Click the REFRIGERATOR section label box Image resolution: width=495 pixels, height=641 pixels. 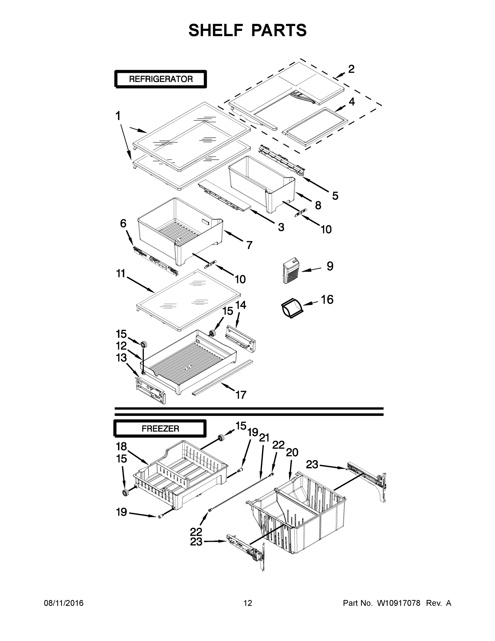[x=161, y=79]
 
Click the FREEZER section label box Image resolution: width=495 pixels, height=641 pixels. [x=160, y=429]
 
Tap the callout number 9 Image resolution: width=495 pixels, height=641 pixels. [x=330, y=266]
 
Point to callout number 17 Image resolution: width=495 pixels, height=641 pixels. [x=241, y=395]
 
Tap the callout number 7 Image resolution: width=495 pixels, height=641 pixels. [x=249, y=245]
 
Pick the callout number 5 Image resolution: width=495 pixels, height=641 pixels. [x=335, y=196]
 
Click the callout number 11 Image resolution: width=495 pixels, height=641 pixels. [x=121, y=273]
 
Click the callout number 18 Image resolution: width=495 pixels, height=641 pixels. [x=121, y=446]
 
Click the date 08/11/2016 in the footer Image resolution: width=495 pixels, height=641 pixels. [x=64, y=603]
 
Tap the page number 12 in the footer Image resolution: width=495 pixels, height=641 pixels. [x=248, y=603]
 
